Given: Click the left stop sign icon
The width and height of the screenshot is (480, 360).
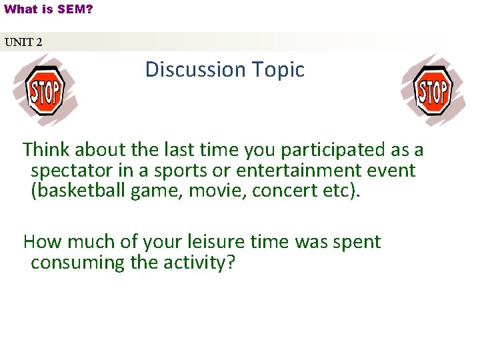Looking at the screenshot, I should click(44, 91).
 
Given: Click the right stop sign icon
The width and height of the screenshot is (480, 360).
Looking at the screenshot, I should click(433, 91).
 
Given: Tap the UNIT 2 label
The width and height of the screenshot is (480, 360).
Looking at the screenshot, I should click(23, 42).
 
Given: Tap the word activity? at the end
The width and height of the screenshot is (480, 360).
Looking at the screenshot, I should click(198, 263).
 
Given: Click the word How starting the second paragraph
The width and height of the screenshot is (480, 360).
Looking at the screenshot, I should click(43, 241).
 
